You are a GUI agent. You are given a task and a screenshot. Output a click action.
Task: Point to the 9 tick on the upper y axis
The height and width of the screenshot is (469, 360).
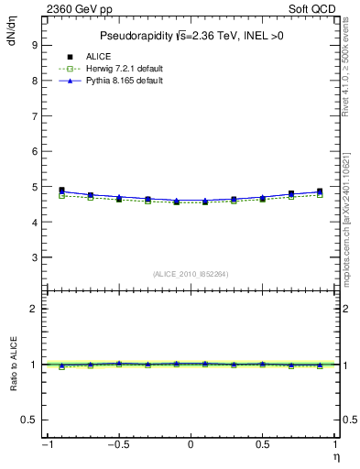[33, 44]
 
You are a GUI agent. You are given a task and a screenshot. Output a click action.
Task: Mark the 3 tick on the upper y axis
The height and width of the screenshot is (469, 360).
[33, 257]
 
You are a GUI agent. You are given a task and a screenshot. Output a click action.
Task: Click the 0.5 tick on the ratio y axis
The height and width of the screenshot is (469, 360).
[27, 420]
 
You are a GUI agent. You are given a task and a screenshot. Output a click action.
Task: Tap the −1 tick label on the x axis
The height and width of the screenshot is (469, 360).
[45, 445]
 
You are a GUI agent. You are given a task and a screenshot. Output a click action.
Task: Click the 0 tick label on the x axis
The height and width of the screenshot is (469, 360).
[191, 445]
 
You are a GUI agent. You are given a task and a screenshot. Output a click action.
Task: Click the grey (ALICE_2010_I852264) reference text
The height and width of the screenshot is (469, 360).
[190, 274]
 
